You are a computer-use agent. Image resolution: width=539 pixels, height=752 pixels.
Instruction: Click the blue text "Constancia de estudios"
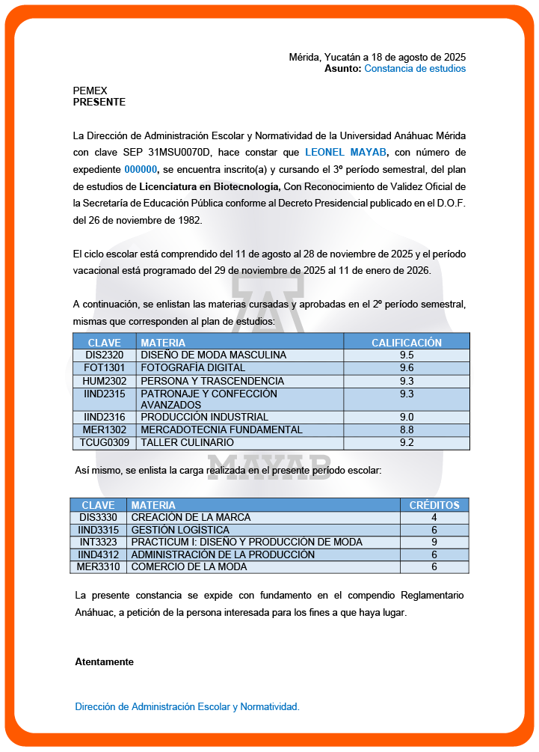coord(415,69)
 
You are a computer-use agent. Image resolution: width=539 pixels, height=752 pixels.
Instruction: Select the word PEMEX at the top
coord(90,91)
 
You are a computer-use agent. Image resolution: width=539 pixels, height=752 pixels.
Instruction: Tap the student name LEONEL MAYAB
coord(346,153)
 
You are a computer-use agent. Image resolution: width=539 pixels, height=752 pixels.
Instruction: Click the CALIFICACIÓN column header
coord(407,343)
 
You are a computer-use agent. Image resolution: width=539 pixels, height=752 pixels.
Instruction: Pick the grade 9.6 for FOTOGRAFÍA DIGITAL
coord(407,368)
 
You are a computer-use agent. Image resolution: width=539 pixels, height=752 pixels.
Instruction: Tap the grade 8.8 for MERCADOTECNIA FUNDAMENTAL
coord(407,430)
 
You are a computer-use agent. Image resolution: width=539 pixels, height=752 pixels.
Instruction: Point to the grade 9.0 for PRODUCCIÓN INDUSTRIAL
coord(407,418)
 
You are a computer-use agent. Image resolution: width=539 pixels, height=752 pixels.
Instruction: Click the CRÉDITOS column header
coord(434,506)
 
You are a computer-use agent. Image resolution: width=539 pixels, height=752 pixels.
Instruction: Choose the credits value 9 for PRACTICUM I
coord(434,542)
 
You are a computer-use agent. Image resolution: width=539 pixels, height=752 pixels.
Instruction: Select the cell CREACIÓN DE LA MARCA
coord(191,518)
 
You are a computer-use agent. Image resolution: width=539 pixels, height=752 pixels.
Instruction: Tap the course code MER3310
coord(99,567)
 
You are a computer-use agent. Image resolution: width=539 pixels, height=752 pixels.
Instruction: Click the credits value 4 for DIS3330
coord(434,518)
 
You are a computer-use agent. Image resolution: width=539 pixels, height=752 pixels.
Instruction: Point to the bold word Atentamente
coord(104,662)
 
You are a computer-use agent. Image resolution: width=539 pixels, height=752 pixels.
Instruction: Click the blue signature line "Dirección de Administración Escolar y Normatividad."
coord(187,707)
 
